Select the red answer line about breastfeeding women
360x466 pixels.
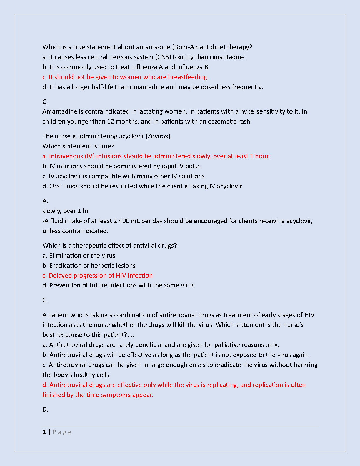(126, 77)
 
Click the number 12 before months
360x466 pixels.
(111, 122)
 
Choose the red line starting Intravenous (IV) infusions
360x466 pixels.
(156, 156)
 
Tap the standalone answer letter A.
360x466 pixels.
(45, 201)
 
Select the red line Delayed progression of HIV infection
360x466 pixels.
(97, 276)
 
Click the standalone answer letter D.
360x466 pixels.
(45, 410)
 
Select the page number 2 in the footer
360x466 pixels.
(44, 432)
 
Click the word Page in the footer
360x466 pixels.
(62, 432)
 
